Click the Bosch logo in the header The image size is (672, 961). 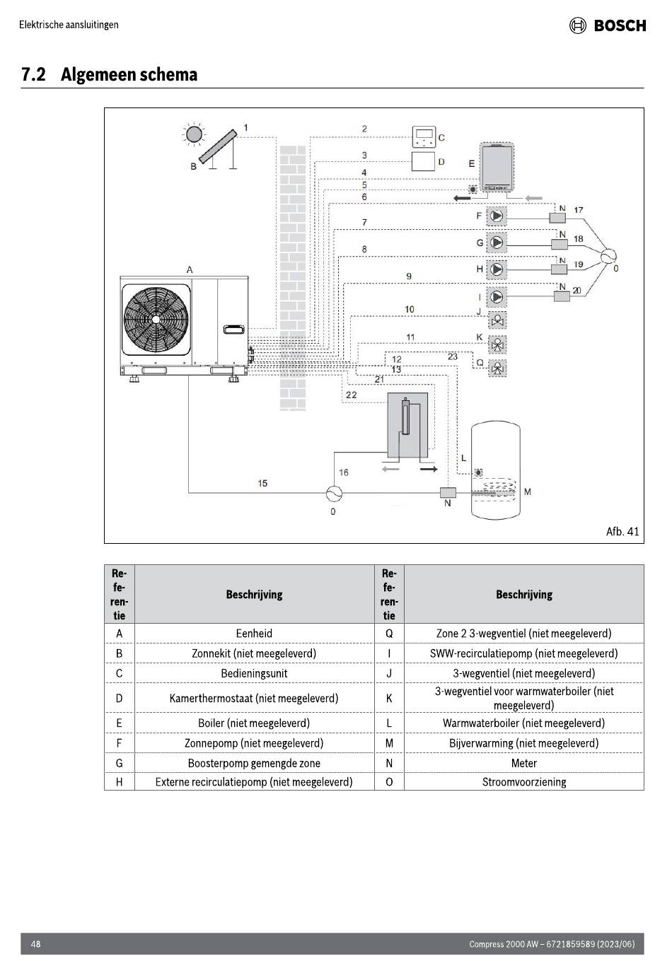pyautogui.click(x=608, y=25)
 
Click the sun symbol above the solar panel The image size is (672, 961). pyautogui.click(x=194, y=134)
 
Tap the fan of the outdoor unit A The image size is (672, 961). pyautogui.click(x=156, y=319)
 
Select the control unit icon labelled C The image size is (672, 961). pyautogui.click(x=424, y=137)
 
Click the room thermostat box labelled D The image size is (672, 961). pyautogui.click(x=423, y=161)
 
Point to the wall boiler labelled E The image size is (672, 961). pyautogui.click(x=497, y=168)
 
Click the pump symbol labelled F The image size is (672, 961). pyautogui.click(x=497, y=216)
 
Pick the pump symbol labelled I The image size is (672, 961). pyautogui.click(x=497, y=296)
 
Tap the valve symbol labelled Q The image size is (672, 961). pyautogui.click(x=497, y=368)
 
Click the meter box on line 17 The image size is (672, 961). pyautogui.click(x=557, y=218)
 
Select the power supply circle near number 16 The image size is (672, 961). pyautogui.click(x=335, y=494)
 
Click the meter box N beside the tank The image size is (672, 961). pyautogui.click(x=448, y=492)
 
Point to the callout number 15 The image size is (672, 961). pyautogui.click(x=262, y=483)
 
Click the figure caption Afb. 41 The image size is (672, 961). pyautogui.click(x=622, y=532)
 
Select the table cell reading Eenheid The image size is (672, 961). pyautogui.click(x=254, y=633)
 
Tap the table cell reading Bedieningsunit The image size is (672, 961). pyautogui.click(x=254, y=673)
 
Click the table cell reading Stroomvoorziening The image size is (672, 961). pyautogui.click(x=524, y=782)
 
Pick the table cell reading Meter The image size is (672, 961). pyautogui.click(x=524, y=763)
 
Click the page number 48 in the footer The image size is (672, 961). pyautogui.click(x=35, y=944)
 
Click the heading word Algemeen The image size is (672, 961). pyautogui.click(x=96, y=74)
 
